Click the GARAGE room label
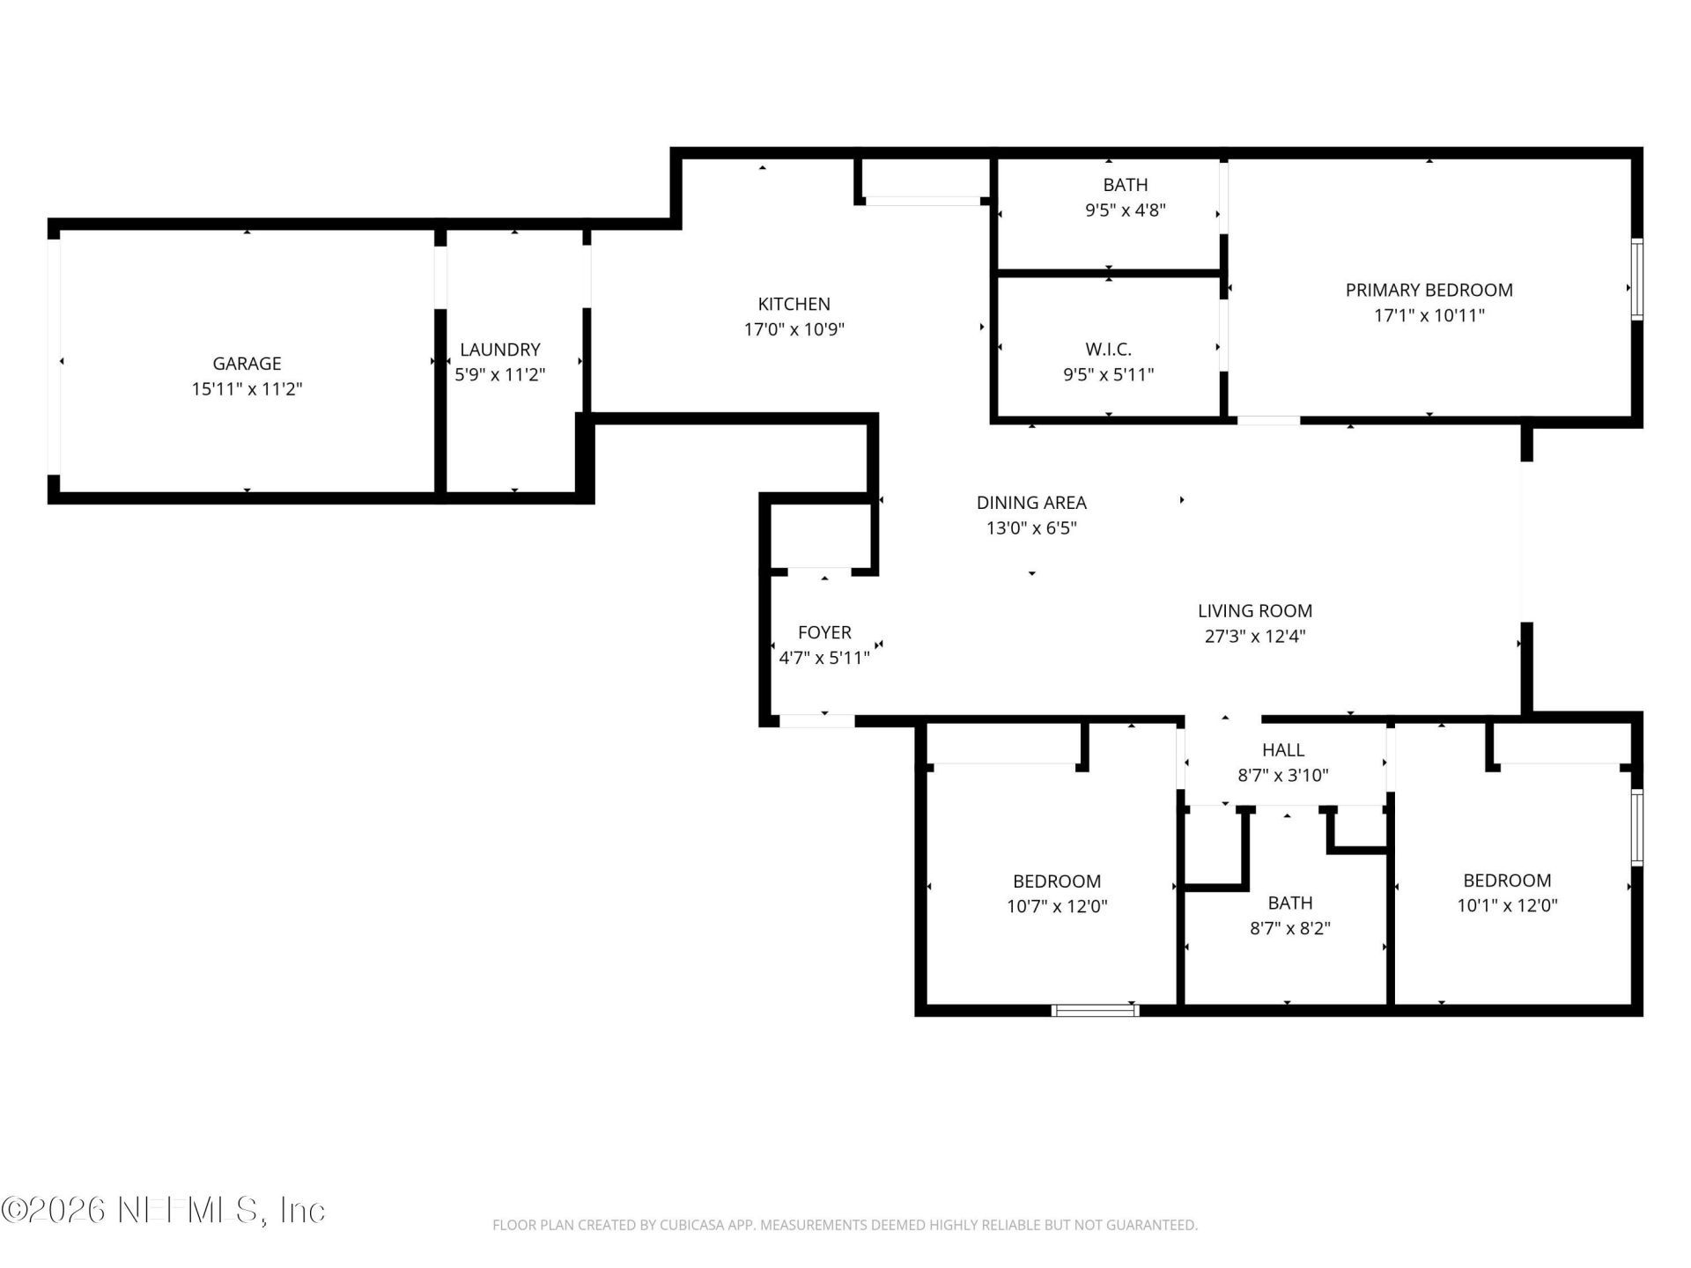[x=247, y=363]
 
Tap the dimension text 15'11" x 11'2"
[x=247, y=388]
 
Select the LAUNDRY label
[x=499, y=350]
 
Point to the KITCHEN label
[x=794, y=304]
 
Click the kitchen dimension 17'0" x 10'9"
[x=794, y=329]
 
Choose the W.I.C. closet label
[x=1108, y=349]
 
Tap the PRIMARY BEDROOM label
[x=1429, y=290]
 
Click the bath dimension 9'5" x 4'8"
[x=1126, y=210]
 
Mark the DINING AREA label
[x=1031, y=503]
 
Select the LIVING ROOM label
[x=1254, y=610]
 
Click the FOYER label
[x=824, y=632]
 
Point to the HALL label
[x=1282, y=749]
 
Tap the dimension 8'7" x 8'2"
[x=1289, y=928]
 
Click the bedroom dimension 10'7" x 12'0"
[x=1057, y=906]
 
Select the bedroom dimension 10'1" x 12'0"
[x=1507, y=905]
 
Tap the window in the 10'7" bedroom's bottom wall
[x=1095, y=1010]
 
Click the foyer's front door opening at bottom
[x=816, y=721]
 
